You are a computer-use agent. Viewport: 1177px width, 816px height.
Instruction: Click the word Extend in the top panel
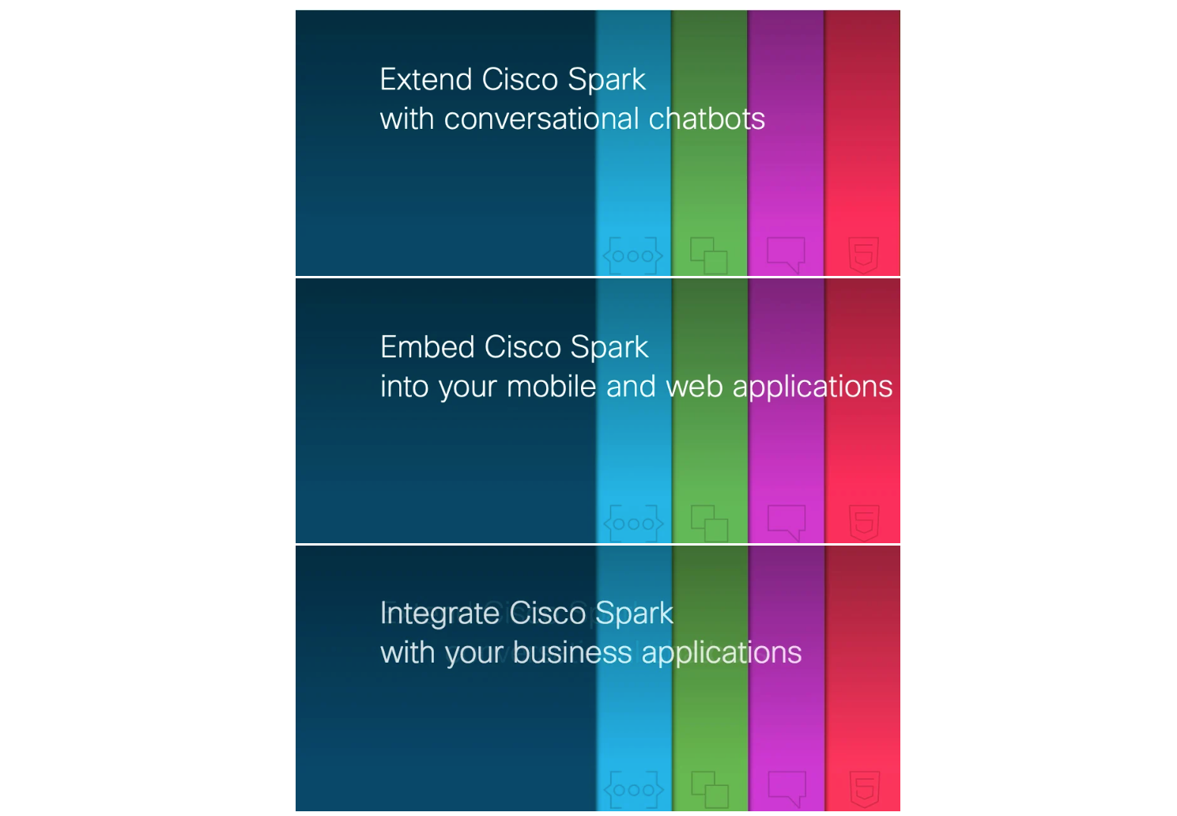(x=425, y=80)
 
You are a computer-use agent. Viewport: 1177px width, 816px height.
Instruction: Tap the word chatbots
(x=707, y=119)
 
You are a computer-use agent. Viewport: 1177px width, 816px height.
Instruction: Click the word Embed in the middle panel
(x=427, y=347)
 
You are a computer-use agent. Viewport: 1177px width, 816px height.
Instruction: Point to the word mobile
(x=551, y=387)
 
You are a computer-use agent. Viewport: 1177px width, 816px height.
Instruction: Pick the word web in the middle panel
(x=695, y=387)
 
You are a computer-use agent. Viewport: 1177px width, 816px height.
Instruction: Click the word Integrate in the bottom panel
(x=439, y=614)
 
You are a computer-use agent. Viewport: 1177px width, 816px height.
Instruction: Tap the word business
(x=572, y=652)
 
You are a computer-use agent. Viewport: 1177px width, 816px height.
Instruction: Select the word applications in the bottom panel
(x=722, y=654)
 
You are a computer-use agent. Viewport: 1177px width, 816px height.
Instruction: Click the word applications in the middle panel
(x=813, y=387)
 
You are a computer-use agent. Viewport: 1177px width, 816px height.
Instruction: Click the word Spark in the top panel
(x=606, y=80)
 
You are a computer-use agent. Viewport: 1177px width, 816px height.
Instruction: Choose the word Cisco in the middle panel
(x=522, y=347)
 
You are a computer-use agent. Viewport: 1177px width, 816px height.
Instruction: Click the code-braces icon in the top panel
(x=632, y=256)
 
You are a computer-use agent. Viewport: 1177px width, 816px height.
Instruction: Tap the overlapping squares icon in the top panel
(x=709, y=256)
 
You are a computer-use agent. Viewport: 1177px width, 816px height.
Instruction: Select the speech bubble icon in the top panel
(x=786, y=255)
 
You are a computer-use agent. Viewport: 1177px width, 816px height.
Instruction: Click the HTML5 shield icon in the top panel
(x=864, y=255)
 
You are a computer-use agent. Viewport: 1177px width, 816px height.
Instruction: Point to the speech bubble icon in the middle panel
(x=786, y=523)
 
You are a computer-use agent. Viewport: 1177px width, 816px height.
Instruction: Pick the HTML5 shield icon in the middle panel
(x=864, y=523)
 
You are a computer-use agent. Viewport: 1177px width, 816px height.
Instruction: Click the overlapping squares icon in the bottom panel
(x=710, y=790)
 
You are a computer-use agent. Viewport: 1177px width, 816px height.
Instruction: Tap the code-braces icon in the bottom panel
(x=634, y=790)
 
